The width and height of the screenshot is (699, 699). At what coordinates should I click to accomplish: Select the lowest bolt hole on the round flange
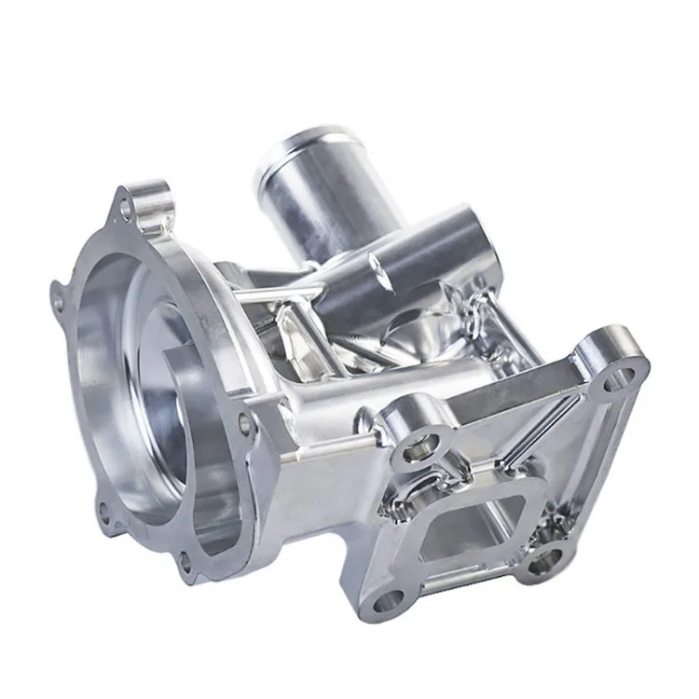pyautogui.click(x=185, y=561)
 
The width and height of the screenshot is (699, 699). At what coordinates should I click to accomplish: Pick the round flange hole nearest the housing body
pyautogui.click(x=245, y=423)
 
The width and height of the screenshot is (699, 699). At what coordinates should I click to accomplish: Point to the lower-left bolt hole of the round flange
pyautogui.click(x=103, y=509)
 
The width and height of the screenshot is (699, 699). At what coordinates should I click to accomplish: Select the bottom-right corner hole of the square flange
pyautogui.click(x=541, y=561)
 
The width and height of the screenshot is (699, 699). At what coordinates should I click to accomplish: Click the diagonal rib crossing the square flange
pyautogui.click(x=522, y=438)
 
